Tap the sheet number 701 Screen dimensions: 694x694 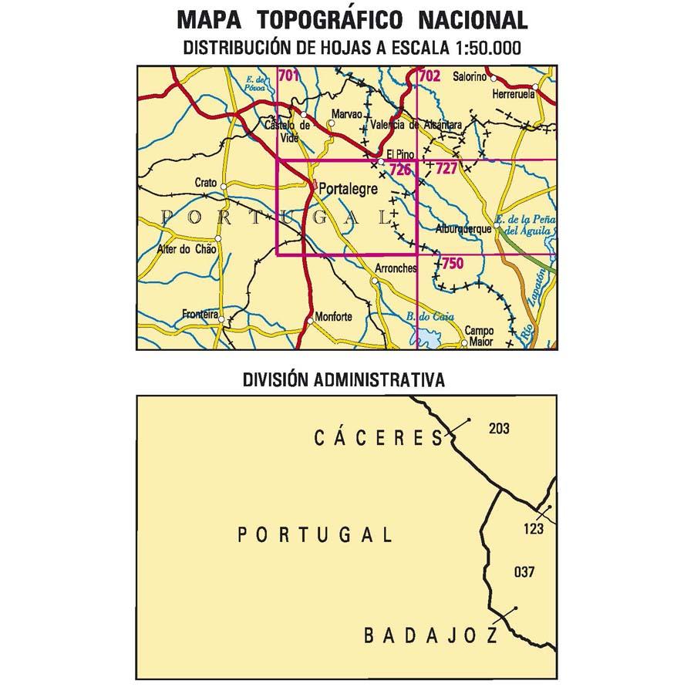click(289, 76)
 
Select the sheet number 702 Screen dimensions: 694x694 click(429, 76)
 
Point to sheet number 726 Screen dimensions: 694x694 click(399, 170)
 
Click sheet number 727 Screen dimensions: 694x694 click(446, 169)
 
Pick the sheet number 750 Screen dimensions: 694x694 click(453, 264)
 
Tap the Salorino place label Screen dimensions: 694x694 click(470, 76)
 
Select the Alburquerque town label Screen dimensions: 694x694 click(464, 230)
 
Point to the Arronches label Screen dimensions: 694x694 click(396, 268)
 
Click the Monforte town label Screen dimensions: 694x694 click(333, 316)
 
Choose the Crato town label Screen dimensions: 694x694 click(206, 183)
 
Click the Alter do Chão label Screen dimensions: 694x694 click(186, 249)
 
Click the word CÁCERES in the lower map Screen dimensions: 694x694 click(379, 438)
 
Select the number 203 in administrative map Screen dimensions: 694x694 click(499, 429)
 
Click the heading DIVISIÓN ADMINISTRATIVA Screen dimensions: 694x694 click(343, 379)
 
